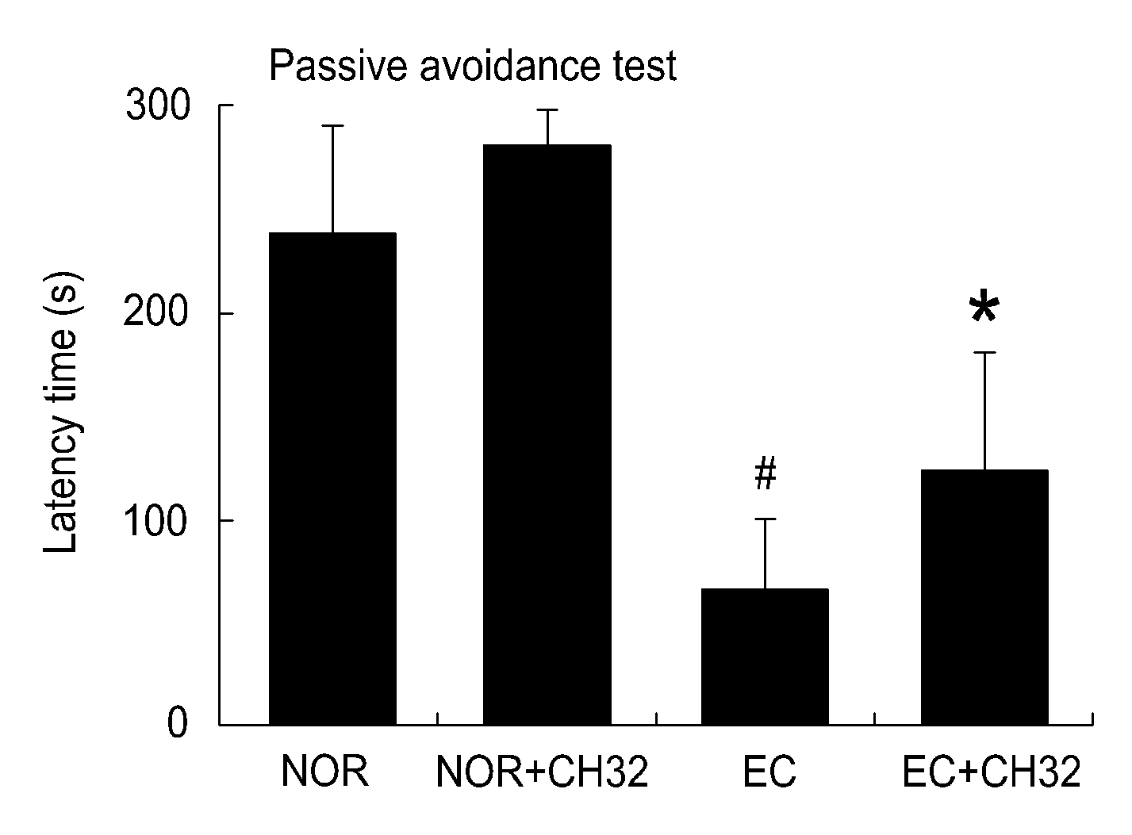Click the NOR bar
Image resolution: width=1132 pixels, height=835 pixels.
(x=332, y=479)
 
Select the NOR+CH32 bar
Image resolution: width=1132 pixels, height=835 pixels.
(x=547, y=435)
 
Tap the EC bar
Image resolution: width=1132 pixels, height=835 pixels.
(x=765, y=657)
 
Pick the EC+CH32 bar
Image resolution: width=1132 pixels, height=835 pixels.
(x=984, y=597)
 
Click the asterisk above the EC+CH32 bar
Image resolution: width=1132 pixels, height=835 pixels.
(x=984, y=307)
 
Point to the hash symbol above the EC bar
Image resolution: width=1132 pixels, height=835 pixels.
(x=766, y=473)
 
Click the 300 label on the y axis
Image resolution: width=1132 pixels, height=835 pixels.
(x=158, y=105)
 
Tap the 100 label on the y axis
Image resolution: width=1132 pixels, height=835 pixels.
(x=155, y=520)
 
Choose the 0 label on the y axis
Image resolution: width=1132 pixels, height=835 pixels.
(x=178, y=723)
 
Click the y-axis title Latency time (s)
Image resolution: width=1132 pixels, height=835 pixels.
(x=61, y=412)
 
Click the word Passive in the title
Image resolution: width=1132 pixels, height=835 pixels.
(x=338, y=66)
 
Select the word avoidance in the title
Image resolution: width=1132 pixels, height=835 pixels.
(x=510, y=66)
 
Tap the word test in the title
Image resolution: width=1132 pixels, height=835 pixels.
(x=645, y=67)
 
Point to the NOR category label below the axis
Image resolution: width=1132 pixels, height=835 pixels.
(x=324, y=772)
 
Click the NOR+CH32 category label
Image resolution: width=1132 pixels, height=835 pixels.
(x=542, y=772)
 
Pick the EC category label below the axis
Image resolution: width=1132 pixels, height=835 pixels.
(x=769, y=772)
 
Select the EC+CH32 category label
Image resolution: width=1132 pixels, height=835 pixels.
(x=992, y=772)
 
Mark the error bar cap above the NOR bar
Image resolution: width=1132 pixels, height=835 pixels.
(x=332, y=125)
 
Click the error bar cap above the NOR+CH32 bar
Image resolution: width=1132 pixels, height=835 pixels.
(x=547, y=109)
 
